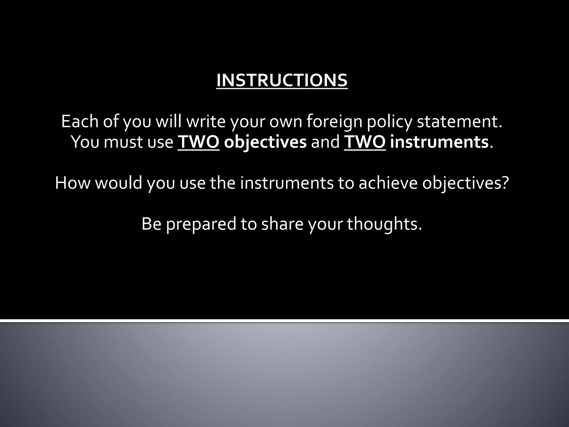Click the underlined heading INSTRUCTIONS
click(x=282, y=80)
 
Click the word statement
click(x=459, y=121)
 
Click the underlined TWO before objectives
click(x=198, y=142)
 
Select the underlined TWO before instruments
click(x=365, y=142)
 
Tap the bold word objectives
click(x=265, y=142)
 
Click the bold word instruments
click(x=439, y=142)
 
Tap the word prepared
click(x=201, y=224)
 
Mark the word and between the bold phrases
click(x=325, y=142)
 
